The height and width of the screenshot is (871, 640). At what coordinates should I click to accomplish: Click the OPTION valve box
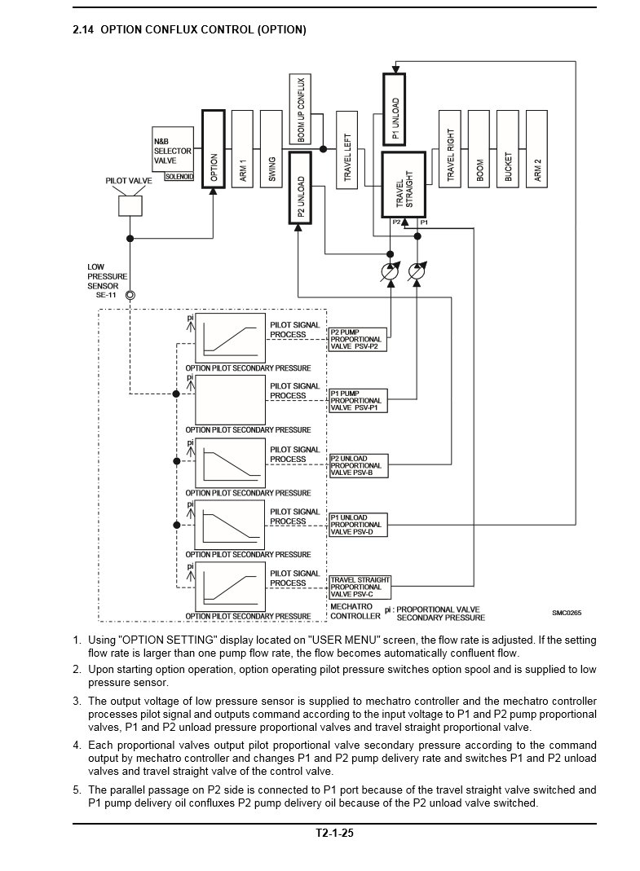pos(213,147)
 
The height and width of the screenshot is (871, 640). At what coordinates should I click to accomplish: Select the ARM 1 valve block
pos(242,147)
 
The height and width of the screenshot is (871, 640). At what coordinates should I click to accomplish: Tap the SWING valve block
pos(271,147)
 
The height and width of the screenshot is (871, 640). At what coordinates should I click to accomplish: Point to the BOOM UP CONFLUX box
pos(300,110)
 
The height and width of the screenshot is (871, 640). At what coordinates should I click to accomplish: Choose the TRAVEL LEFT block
pos(346,147)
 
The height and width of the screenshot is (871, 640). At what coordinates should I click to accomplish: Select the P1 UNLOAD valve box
pos(394,108)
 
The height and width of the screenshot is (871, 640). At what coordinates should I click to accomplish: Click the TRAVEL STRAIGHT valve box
pos(404,184)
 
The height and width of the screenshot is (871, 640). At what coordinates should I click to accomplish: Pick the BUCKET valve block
pos(507,147)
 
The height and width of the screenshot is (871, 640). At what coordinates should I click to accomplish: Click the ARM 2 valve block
pos(536,147)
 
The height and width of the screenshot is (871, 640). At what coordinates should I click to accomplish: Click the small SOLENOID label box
pos(179,175)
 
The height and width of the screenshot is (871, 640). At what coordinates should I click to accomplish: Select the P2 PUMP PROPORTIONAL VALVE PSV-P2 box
pos(357,339)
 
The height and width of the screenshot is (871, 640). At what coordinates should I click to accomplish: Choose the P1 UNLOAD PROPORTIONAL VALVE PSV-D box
pos(357,525)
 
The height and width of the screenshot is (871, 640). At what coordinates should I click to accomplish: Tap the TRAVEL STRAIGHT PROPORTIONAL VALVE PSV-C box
pos(360,587)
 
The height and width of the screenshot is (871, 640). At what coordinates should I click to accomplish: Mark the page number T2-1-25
pos(334,834)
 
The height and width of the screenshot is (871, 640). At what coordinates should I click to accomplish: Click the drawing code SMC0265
pos(567,613)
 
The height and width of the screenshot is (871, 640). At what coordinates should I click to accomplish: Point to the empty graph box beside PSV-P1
pos(230,400)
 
